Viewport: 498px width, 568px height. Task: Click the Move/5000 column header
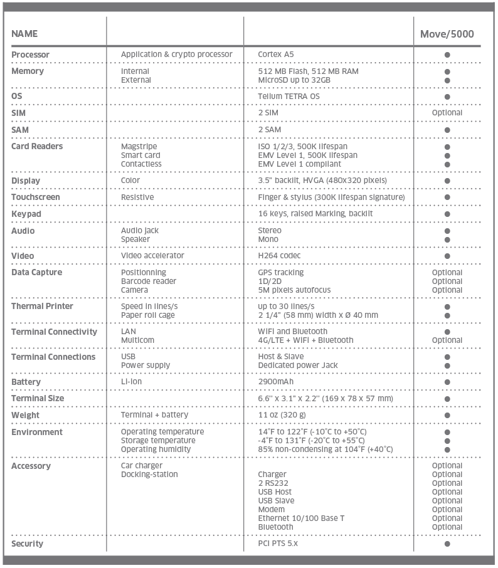click(x=447, y=34)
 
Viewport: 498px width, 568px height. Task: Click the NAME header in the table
click(x=24, y=34)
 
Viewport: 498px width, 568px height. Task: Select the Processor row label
click(x=30, y=55)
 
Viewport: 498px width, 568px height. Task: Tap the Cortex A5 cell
click(x=275, y=55)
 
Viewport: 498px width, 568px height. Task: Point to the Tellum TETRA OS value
click(x=288, y=97)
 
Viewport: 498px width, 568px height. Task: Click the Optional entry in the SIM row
click(x=447, y=113)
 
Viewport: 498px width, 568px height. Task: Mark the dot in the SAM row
click(x=447, y=130)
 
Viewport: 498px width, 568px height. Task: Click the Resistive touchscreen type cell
click(x=138, y=197)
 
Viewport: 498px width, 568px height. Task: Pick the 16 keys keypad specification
click(x=315, y=214)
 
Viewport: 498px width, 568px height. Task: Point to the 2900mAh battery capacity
click(x=276, y=382)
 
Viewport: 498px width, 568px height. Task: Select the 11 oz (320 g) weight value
click(x=282, y=415)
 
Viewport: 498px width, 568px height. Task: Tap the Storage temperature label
click(x=158, y=441)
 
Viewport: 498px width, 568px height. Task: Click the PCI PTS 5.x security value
click(x=278, y=544)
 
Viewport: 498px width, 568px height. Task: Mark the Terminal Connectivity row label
click(x=54, y=332)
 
